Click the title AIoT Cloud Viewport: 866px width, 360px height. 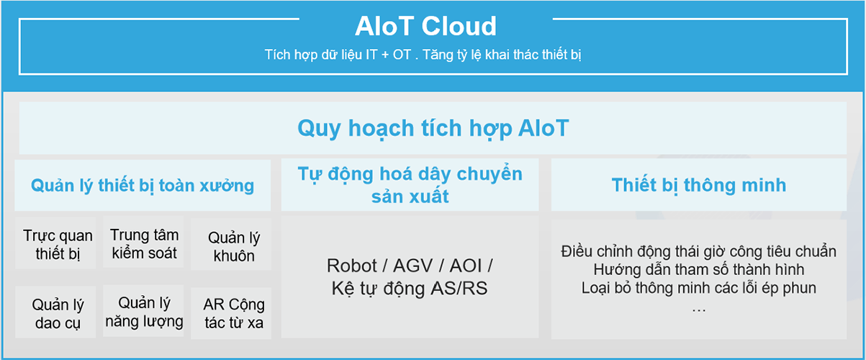tap(425, 27)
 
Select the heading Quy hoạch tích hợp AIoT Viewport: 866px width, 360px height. tap(433, 128)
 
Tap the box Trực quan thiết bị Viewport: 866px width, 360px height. tap(55, 243)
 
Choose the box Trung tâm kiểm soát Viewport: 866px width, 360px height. tap(143, 242)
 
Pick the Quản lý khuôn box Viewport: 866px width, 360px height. tap(231, 244)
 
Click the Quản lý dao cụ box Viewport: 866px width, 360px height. tap(55, 312)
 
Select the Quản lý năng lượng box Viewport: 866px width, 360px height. tap(143, 311)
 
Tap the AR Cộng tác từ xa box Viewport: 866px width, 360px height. tap(231, 313)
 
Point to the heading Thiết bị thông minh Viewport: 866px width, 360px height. tap(699, 185)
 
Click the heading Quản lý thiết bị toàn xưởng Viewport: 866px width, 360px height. tap(143, 186)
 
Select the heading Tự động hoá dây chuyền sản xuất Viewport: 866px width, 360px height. tap(410, 185)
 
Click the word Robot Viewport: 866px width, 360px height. tap(352, 266)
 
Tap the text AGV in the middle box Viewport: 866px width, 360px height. tap(413, 266)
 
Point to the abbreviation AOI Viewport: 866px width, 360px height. tap(466, 266)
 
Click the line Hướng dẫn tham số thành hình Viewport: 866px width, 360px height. tap(699, 269)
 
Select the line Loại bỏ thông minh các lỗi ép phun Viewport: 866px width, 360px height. tap(699, 288)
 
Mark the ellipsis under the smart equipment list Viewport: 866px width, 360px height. tap(699, 310)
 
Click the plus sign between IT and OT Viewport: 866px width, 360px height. tap(385, 55)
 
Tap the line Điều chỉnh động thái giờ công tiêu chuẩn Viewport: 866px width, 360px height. tap(699, 252)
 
